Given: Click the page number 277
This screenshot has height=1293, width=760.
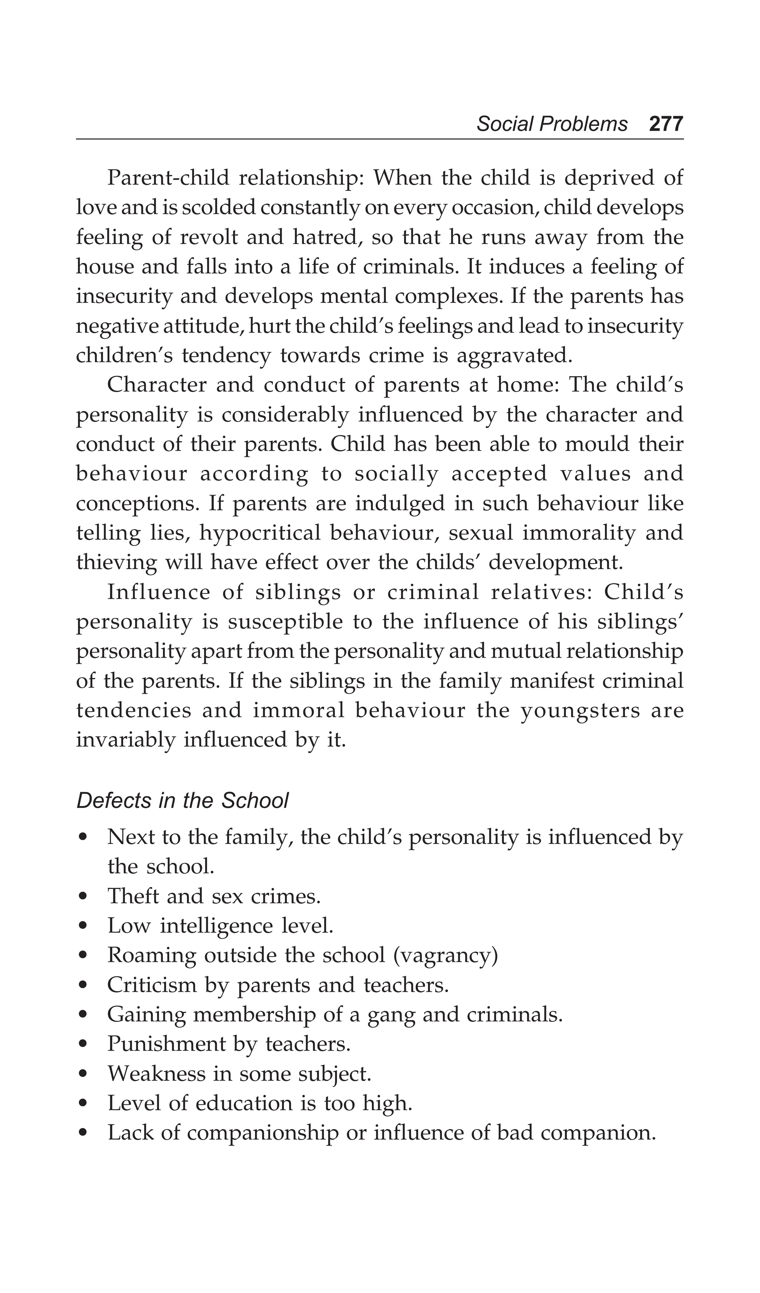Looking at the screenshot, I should (x=666, y=124).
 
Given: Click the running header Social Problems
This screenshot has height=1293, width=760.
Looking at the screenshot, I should (x=552, y=124).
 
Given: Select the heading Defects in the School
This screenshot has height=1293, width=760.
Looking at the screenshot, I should (x=182, y=801).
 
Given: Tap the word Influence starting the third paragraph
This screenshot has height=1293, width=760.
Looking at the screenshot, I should (x=158, y=592).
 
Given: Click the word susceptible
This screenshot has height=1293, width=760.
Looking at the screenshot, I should (x=285, y=622).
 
